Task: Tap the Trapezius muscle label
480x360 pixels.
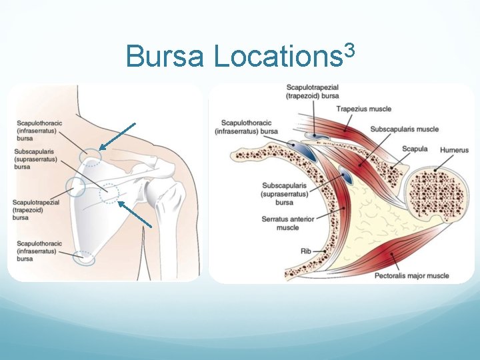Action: pos(363,109)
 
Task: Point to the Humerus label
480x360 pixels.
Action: pos(454,151)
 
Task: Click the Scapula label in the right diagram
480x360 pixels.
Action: pos(415,150)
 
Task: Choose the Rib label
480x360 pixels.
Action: pos(306,251)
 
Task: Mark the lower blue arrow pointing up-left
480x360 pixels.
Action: pos(137,215)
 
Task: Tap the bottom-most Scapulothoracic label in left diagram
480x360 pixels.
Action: pos(39,251)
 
